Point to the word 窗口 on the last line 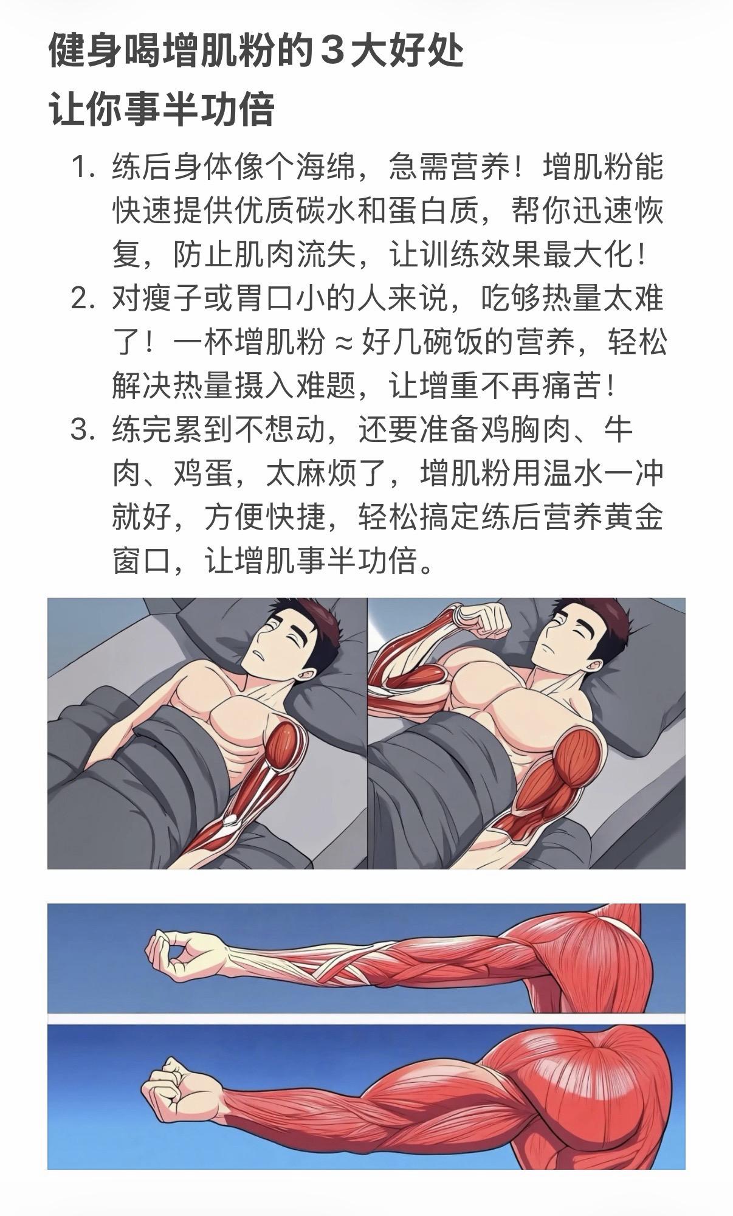142,562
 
